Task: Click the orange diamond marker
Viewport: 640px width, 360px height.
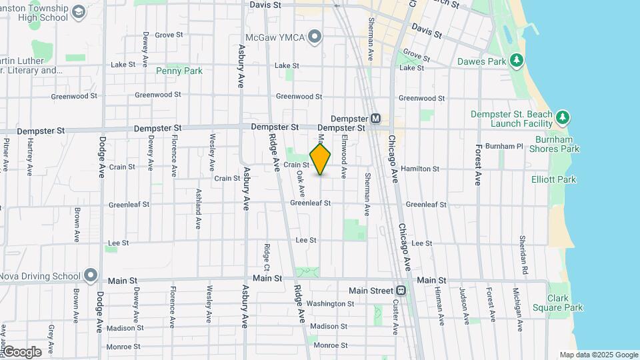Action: [x=321, y=159]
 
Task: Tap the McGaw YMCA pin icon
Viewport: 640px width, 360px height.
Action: [x=315, y=36]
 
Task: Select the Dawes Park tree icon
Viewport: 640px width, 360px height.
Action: [x=516, y=61]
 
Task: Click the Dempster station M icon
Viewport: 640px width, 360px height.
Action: [x=375, y=119]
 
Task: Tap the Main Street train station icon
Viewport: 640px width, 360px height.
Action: [x=401, y=291]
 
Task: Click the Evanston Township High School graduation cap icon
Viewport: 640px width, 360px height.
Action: [x=79, y=12]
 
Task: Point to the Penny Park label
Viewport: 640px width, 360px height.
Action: [x=179, y=71]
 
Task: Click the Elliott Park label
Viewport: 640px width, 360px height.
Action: [x=553, y=179]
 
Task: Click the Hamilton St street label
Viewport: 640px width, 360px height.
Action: [x=420, y=169]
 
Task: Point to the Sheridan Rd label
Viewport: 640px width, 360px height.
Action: [x=524, y=254]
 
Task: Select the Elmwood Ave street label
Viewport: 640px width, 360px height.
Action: [x=344, y=157]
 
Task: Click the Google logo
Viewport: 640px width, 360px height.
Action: [x=21, y=352]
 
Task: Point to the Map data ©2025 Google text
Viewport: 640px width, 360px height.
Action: [x=599, y=355]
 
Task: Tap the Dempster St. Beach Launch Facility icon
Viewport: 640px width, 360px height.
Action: [x=563, y=118]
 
